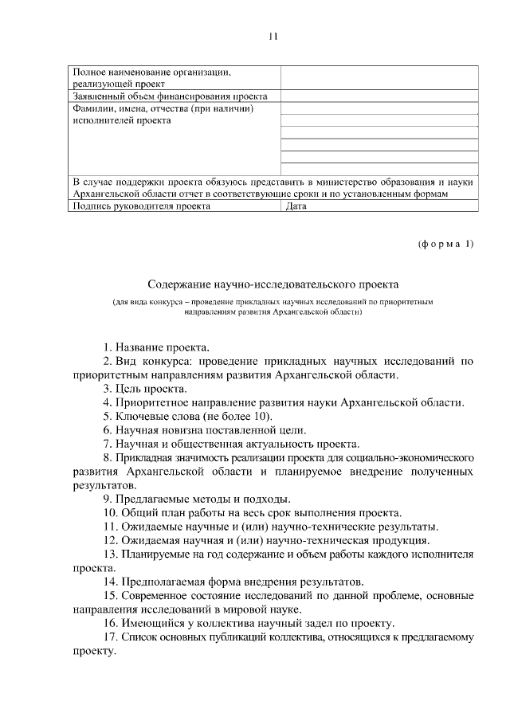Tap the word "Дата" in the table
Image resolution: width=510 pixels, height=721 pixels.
pyautogui.click(x=296, y=206)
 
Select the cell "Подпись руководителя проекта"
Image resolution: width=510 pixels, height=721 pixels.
pyautogui.click(x=141, y=206)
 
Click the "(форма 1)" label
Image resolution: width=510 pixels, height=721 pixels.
pyautogui.click(x=445, y=243)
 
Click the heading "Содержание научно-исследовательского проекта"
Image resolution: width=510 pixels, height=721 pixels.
pyautogui.click(x=273, y=284)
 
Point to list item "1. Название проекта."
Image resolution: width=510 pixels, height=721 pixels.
pyautogui.click(x=156, y=347)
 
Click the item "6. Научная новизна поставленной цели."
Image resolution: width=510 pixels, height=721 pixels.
pyautogui.click(x=201, y=429)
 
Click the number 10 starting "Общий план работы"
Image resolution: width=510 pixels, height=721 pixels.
pyautogui.click(x=110, y=512)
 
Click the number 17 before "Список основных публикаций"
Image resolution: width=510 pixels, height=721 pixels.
pyautogui.click(x=110, y=637)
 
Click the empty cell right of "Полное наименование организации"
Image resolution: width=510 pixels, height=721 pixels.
pyautogui.click(x=379, y=77)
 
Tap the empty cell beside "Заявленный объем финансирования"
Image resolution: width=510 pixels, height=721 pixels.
pyautogui.click(x=379, y=96)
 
